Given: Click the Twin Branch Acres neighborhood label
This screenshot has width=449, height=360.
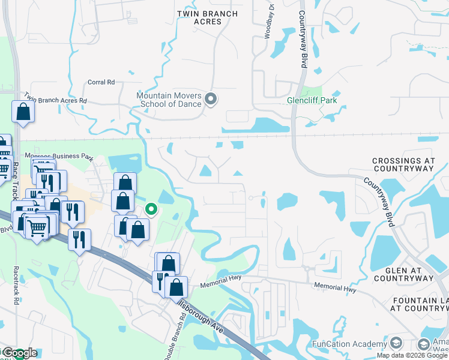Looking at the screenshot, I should (x=208, y=17).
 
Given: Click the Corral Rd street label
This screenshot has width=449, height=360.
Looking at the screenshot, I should (x=101, y=82).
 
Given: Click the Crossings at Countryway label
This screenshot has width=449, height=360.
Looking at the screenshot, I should (x=402, y=165).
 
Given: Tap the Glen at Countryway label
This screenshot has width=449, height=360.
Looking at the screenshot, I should (x=403, y=274).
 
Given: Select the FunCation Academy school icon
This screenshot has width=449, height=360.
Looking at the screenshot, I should (x=396, y=344).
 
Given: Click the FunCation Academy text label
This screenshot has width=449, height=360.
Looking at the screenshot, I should (x=349, y=344).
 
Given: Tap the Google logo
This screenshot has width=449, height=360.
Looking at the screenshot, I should (x=19, y=353).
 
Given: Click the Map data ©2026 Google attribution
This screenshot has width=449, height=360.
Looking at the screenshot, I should (x=412, y=355).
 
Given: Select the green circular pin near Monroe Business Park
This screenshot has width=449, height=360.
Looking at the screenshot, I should (x=152, y=209).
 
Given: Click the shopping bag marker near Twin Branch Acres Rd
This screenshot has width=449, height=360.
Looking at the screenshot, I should (x=22, y=112).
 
